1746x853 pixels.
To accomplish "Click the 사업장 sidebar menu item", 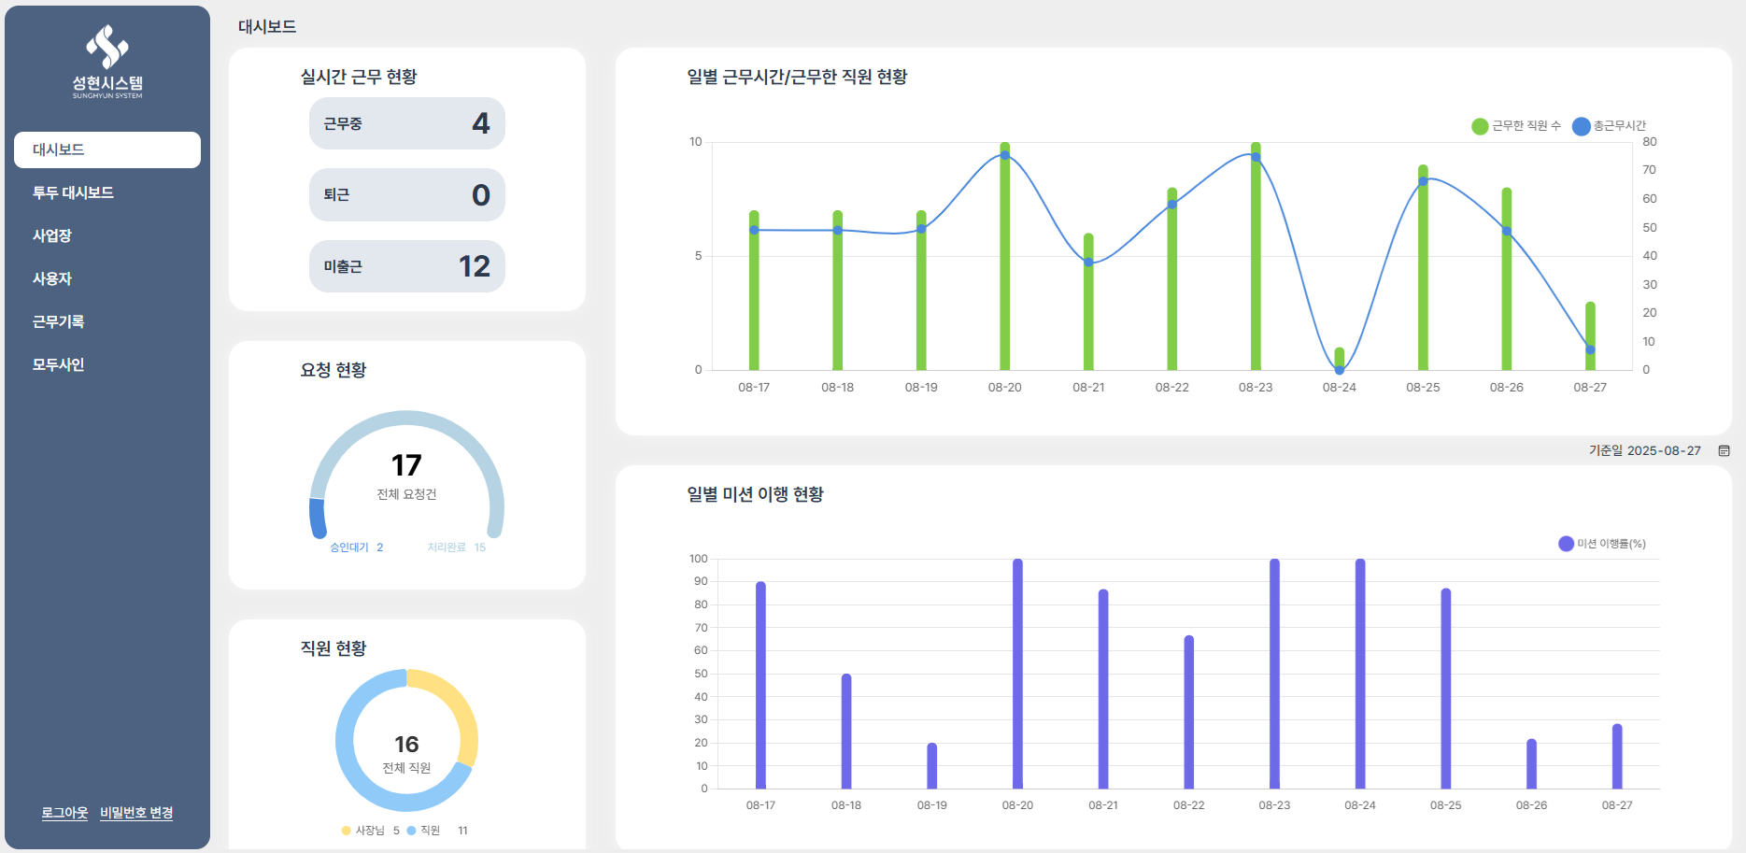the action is (52, 235).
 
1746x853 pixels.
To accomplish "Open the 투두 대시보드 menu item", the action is (73, 192).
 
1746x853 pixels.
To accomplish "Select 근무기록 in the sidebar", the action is (58, 321).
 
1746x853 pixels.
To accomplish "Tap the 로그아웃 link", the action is (64, 813).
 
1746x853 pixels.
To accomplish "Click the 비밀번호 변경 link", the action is (136, 813).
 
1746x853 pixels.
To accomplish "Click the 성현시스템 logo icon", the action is (107, 47).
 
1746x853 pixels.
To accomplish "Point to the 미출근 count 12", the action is (475, 266).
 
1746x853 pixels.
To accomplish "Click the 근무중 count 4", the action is (481, 123).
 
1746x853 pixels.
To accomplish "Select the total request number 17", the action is (406, 465).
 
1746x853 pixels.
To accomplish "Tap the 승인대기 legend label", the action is (349, 547).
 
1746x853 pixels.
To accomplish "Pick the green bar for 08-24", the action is (1340, 359).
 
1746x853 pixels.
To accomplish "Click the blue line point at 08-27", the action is (1590, 349).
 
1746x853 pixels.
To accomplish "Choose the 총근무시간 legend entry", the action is (1610, 126).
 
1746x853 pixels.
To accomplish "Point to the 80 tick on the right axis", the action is (1650, 142).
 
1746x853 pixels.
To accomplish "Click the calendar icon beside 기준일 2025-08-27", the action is (1725, 450).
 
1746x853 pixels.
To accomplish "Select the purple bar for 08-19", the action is (932, 766).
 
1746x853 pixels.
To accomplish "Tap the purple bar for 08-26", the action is (1532, 764).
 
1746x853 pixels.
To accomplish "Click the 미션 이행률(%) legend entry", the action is (1602, 544).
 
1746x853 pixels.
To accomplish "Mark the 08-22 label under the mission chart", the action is (1189, 805).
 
